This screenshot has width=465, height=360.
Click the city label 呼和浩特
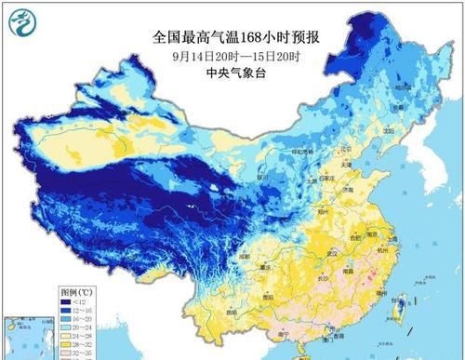point(298,151)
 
